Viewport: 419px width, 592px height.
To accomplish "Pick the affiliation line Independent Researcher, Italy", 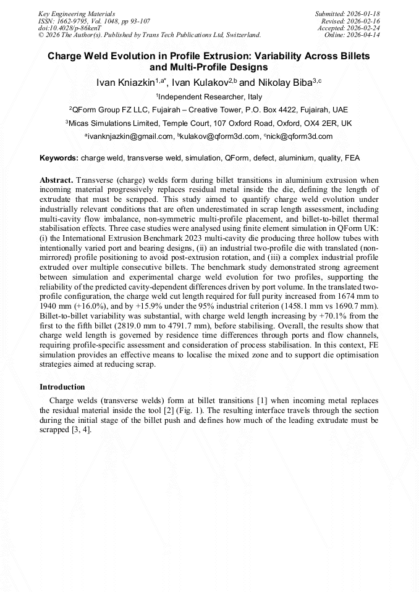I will click(210, 97).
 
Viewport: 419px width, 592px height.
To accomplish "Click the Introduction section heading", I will click(62, 387).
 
